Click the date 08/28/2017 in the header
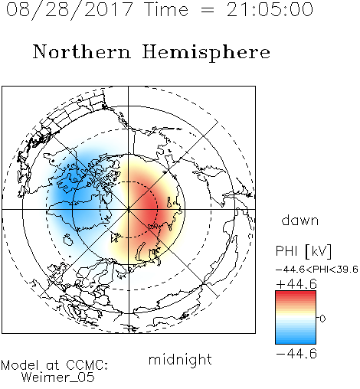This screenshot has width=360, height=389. pyautogui.click(x=70, y=10)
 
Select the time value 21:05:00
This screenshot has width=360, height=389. pyautogui.click(x=270, y=10)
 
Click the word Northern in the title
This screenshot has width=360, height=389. pyautogui.click(x=82, y=51)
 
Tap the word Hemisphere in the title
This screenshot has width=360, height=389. pyautogui.click(x=206, y=52)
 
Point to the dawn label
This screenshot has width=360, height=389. pyautogui.click(x=300, y=220)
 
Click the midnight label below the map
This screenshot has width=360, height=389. pyautogui.click(x=180, y=361)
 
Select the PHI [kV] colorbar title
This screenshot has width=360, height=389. pyautogui.click(x=303, y=251)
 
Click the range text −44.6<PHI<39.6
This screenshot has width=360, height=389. pyautogui.click(x=317, y=270)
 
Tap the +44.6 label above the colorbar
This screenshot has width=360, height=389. pyautogui.click(x=296, y=284)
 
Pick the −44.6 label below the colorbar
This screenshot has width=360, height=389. pyautogui.click(x=296, y=354)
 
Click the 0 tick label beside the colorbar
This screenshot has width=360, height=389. pyautogui.click(x=322, y=319)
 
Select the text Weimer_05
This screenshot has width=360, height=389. pyautogui.click(x=58, y=377)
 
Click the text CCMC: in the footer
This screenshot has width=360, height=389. pyautogui.click(x=87, y=365)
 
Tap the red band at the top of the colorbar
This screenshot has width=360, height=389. pyautogui.click(x=296, y=294)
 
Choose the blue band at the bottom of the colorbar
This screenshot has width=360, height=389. pyautogui.click(x=296, y=341)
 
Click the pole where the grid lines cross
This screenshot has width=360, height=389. pyautogui.click(x=129, y=209)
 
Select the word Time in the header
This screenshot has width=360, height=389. pyautogui.click(x=167, y=10)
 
